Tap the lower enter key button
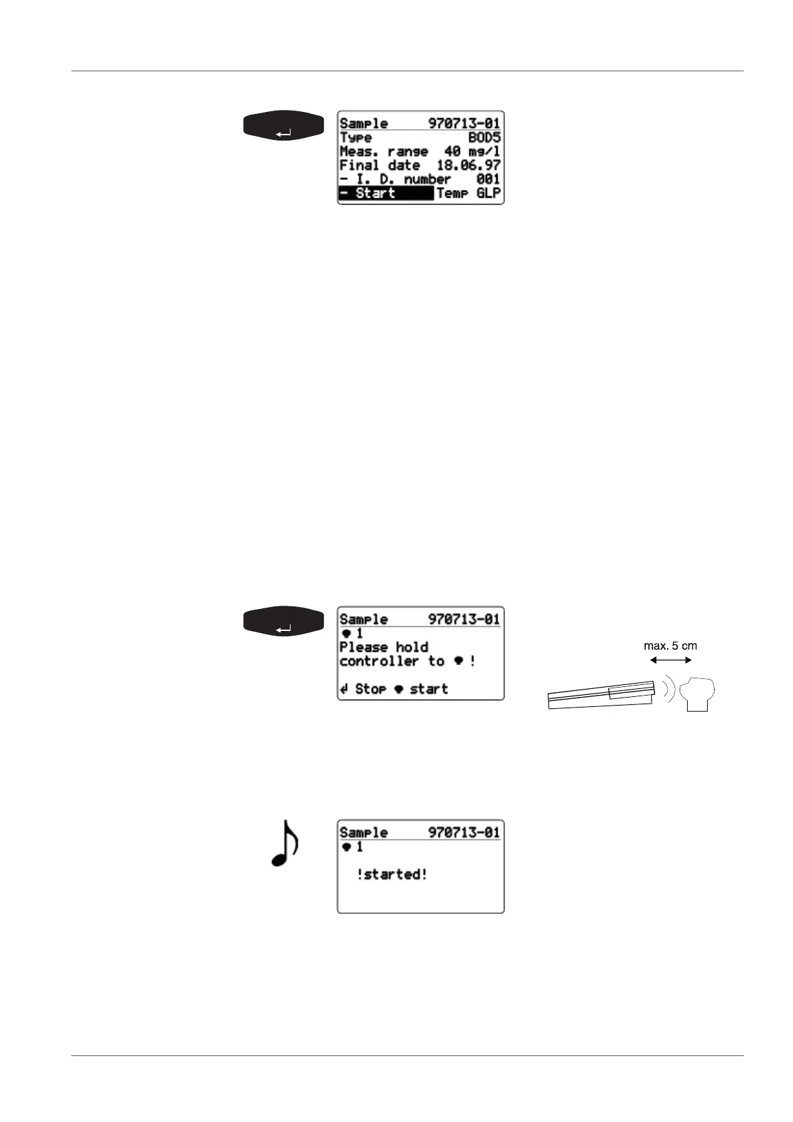click(x=284, y=622)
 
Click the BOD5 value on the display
click(x=484, y=138)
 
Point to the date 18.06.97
click(x=468, y=166)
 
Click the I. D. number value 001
click(x=488, y=180)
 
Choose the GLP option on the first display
click(x=488, y=194)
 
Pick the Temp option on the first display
click(x=452, y=194)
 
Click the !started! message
click(x=392, y=875)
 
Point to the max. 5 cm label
click(x=670, y=646)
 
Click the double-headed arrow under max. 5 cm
click(x=670, y=660)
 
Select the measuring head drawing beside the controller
click(x=697, y=694)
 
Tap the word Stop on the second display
click(x=371, y=690)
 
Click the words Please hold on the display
click(x=384, y=648)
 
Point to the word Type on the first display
click(x=356, y=138)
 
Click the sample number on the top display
click(x=464, y=123)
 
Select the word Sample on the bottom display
click(x=364, y=833)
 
